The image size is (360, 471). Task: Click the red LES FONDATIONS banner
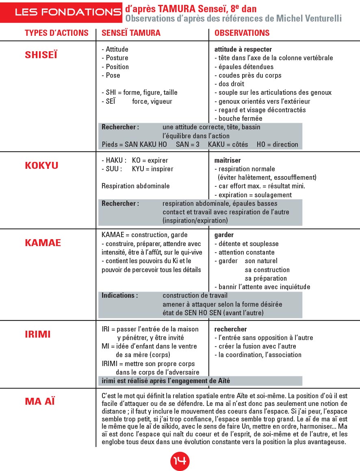[67, 12]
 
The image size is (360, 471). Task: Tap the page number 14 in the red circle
[180, 460]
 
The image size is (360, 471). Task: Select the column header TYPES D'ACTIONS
[56, 33]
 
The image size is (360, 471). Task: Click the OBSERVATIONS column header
[242, 33]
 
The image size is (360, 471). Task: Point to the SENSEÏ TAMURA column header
[131, 33]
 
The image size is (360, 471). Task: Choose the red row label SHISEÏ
[41, 55]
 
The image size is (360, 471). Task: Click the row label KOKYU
[41, 166]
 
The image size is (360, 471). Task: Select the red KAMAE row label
[43, 243]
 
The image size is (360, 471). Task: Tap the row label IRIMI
[38, 334]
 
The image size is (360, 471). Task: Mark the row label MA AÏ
[40, 401]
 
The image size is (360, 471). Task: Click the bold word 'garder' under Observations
[224, 235]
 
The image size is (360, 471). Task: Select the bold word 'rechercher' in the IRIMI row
[230, 329]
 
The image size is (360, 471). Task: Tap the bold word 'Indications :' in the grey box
[119, 296]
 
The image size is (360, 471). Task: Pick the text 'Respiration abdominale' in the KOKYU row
[135, 186]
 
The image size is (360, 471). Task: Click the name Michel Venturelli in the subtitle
[309, 18]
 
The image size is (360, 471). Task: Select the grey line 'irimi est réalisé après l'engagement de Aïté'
[166, 381]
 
